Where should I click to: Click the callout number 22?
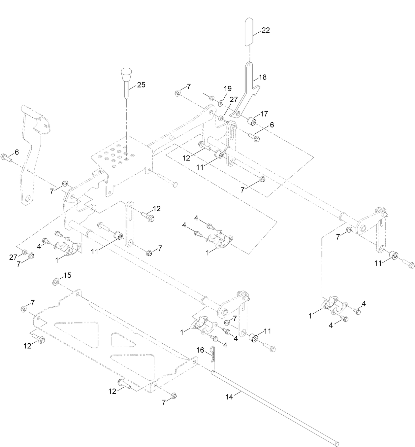coord(266,30)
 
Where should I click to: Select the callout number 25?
coord(141,85)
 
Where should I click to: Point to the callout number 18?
coord(263,77)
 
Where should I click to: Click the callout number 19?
coord(228,88)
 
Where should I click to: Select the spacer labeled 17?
coord(252,121)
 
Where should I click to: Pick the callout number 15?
coord(67,275)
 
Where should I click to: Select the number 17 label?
coord(264,114)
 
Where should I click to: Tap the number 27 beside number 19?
coord(234,99)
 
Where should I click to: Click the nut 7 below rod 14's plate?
coord(174,396)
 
